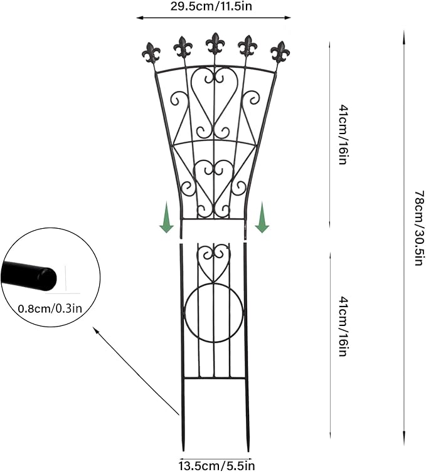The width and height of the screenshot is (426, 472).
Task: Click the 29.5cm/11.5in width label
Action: point(211,6)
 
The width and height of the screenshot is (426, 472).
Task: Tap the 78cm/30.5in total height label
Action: point(419,228)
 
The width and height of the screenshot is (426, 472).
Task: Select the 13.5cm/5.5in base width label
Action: point(217,466)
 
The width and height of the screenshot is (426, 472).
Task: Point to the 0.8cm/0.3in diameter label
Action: point(50,308)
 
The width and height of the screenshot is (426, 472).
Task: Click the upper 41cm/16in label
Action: point(343,134)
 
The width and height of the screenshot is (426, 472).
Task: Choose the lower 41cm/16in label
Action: point(343,327)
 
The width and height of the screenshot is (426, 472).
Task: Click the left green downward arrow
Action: point(166,218)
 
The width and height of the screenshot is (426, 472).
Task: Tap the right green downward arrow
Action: point(262,218)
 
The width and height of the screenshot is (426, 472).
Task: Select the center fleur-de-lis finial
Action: point(215,44)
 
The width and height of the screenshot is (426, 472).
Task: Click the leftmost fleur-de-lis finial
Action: point(151,53)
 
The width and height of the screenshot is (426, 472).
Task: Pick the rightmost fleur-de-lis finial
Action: point(280,52)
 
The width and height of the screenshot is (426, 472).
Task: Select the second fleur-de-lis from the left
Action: point(183,47)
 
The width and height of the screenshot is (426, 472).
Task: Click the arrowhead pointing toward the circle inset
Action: point(96,330)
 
